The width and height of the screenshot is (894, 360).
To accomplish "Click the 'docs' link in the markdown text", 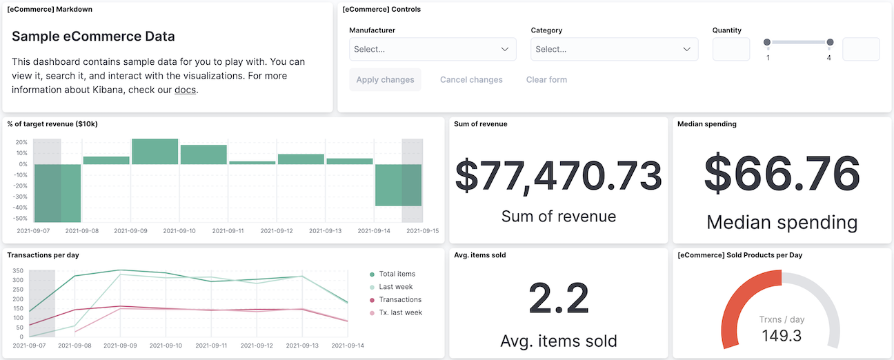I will point(185,90).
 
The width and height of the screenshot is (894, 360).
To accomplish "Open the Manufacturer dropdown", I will point(433,49).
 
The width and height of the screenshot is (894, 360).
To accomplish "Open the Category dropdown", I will point(614,49).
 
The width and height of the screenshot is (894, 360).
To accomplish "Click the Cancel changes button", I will point(471,79).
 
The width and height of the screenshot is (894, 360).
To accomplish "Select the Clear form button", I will point(546,79).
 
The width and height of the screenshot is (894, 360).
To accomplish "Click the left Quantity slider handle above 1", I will point(767,43).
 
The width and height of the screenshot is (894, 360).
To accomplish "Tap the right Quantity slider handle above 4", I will point(830,43).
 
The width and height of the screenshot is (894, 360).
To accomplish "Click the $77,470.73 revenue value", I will point(558,175).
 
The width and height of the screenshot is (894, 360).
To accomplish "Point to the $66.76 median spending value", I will point(782,172).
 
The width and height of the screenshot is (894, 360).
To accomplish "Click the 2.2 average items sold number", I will point(558,299).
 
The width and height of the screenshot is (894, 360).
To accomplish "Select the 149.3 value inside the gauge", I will point(781,336).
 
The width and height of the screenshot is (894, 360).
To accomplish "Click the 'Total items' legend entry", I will point(397,274).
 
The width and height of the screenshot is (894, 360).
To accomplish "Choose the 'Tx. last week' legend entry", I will point(400,312).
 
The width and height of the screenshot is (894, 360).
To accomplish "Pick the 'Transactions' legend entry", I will point(400,299).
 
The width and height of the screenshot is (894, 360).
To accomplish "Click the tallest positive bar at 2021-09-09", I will point(155,152).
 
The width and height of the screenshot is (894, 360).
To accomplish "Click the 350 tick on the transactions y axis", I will point(18,271).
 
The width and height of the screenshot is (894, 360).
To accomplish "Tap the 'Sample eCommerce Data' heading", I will point(93,37).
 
